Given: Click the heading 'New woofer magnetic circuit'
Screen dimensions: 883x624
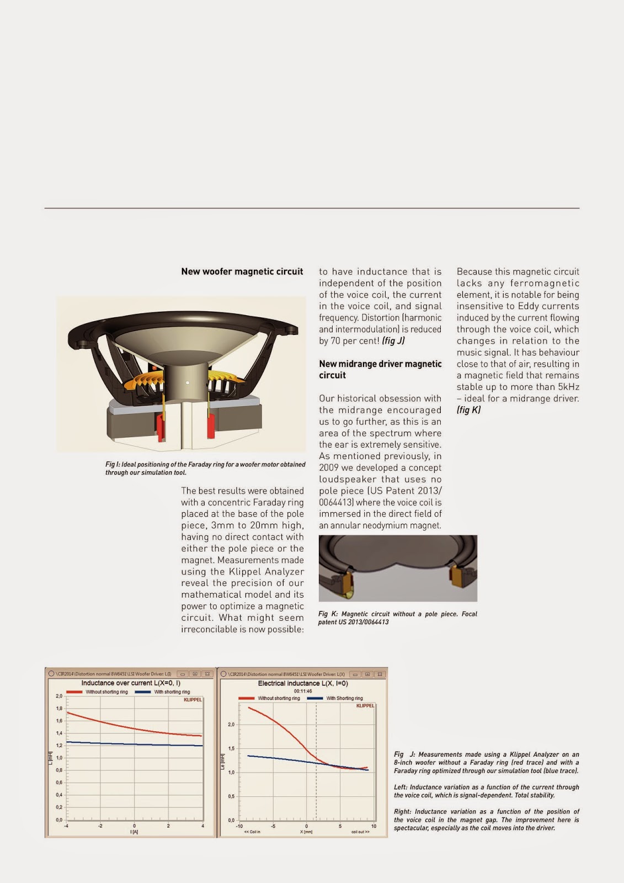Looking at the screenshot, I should (242, 272).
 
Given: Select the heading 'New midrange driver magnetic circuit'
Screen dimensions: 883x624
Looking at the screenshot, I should (380, 369).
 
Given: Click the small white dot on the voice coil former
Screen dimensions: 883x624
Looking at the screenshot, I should (188, 382).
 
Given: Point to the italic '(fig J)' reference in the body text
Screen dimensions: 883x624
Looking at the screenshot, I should (393, 341).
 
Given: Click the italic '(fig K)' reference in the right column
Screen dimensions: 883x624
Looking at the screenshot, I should (468, 409).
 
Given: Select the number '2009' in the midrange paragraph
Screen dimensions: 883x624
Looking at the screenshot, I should (329, 468).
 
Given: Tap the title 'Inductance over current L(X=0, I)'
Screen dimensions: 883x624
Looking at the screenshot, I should (131, 683).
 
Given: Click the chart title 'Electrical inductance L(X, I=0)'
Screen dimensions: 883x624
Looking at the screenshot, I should (303, 683).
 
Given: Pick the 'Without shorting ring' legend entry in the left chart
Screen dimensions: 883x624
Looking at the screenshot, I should (106, 692).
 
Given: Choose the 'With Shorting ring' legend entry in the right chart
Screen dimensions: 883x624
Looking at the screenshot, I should (344, 698).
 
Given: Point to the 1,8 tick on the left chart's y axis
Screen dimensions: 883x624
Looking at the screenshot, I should (59, 709).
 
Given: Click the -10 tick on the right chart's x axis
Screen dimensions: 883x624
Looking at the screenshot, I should (239, 826).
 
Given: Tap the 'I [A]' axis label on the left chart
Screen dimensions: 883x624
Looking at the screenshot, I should (134, 832).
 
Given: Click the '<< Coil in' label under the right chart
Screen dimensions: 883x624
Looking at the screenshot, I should (252, 832).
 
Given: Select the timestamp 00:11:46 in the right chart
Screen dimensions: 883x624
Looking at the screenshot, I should (303, 691).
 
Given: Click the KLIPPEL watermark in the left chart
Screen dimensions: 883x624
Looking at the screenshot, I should (193, 700).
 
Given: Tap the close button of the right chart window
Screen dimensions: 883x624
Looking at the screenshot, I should (380, 674).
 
